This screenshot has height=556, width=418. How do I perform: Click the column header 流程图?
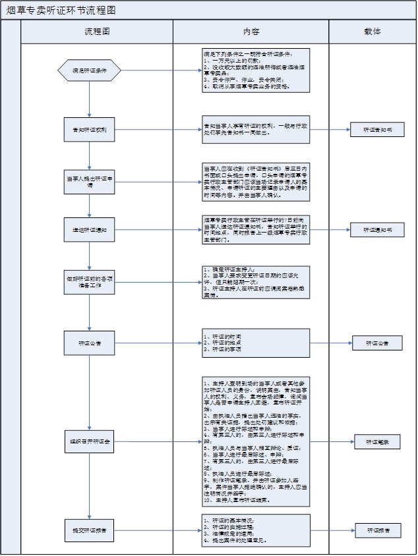coord(97,32)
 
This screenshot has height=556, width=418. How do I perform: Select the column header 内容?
coord(251,32)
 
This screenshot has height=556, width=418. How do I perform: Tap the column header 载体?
coord(372,32)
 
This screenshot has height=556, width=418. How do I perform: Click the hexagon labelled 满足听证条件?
coord(89,70)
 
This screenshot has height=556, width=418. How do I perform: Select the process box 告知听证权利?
coord(89,130)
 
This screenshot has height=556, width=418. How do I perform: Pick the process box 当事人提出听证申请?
coord(89,181)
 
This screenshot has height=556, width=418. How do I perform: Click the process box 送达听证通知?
coord(89,230)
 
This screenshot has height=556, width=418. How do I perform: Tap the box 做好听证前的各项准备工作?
coord(89,282)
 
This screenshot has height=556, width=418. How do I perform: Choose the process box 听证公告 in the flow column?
coord(89,343)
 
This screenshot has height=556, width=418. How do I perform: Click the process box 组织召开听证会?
coord(89,441)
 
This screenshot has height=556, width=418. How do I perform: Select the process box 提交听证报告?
coord(89,529)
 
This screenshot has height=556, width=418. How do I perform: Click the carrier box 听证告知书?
coord(376,130)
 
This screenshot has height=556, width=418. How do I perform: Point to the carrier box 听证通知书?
coord(376,230)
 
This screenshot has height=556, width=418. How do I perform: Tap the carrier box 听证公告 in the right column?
coord(376,343)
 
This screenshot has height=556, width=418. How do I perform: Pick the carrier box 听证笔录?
coord(376,443)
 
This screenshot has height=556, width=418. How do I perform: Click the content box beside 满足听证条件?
coord(255,70)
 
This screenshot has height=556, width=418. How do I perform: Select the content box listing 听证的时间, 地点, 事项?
coord(255,343)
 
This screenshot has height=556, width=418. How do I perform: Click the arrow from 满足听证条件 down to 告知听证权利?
coord(89,99)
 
